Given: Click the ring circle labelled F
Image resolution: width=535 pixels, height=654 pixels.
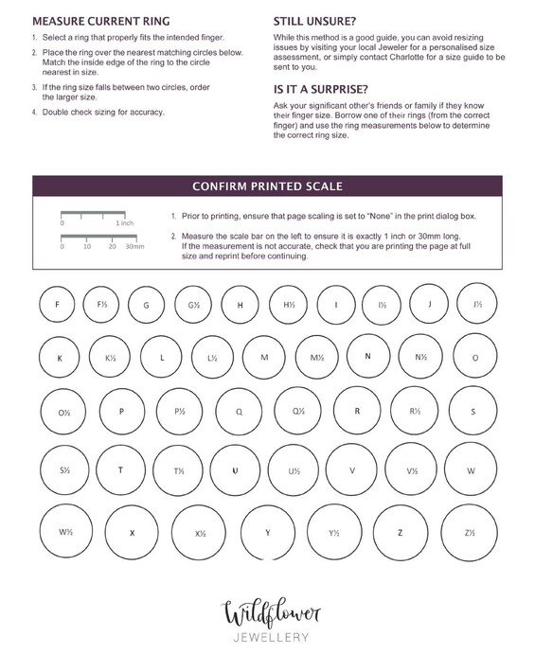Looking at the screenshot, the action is (40, 305).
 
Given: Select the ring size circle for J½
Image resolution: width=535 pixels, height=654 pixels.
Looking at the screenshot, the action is (457, 303).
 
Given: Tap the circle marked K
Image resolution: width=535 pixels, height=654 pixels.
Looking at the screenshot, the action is (40, 357).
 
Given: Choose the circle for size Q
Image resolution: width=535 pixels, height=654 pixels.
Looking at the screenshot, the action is (217, 412).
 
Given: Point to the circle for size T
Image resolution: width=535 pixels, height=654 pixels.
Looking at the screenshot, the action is (97, 470).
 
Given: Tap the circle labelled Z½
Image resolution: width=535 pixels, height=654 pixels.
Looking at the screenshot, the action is (441, 532).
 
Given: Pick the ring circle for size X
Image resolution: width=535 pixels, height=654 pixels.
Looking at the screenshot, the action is (106, 532).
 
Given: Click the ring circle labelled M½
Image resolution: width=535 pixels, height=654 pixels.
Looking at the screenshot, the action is (296, 357).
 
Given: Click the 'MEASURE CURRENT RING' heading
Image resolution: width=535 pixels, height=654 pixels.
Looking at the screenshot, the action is (101, 21).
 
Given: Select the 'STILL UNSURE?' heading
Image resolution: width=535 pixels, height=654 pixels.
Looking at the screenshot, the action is (314, 21).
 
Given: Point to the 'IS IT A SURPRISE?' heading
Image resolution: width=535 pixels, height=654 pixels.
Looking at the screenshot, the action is (320, 89).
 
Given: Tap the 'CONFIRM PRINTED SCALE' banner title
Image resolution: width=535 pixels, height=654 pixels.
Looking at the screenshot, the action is (267, 186).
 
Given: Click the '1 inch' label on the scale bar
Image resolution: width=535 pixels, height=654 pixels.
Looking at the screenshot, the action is (125, 223).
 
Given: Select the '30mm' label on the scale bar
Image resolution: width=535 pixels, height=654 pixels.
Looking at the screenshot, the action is (134, 246).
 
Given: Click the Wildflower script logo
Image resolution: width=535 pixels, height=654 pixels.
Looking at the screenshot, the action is (271, 611).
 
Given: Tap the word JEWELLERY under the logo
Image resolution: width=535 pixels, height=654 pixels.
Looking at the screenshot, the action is (271, 637).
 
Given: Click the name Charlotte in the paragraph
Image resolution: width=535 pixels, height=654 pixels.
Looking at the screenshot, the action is (407, 57).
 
